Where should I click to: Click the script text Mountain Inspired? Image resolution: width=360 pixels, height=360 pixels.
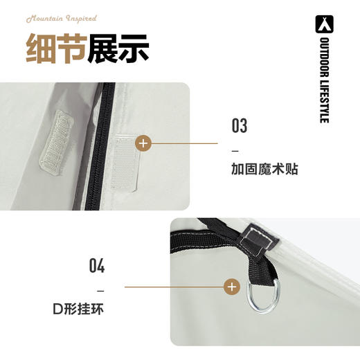[61, 19]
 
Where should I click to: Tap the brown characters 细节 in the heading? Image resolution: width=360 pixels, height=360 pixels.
[56, 49]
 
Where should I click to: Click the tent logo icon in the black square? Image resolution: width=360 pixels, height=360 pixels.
[324, 23]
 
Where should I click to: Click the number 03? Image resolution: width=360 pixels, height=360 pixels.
[240, 127]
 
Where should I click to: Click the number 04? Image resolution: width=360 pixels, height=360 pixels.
[97, 266]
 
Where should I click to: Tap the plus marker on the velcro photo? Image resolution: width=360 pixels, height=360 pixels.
[143, 144]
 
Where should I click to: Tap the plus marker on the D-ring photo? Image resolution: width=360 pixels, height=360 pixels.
[232, 286]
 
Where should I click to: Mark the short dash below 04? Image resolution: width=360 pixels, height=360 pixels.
[100, 289]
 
